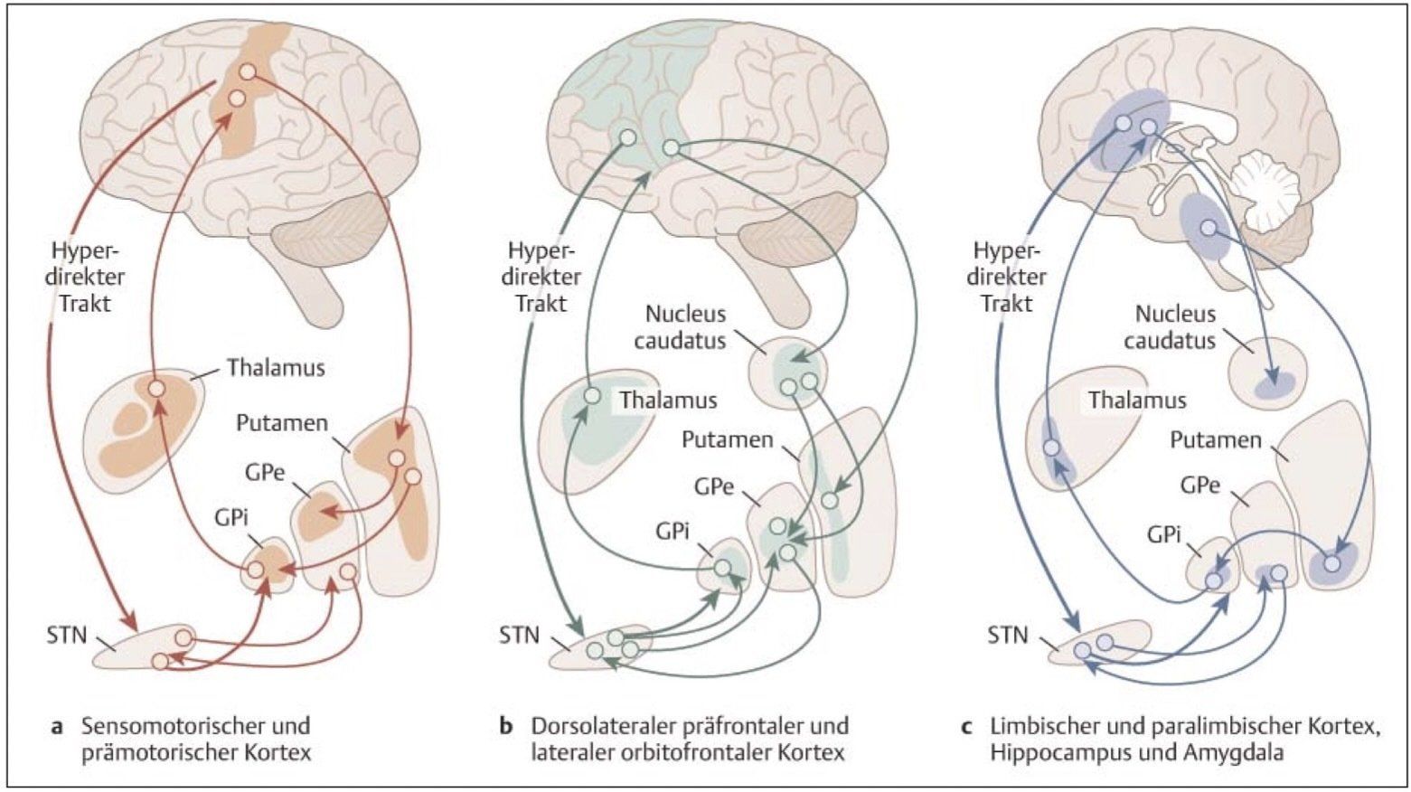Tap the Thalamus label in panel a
point(276,368)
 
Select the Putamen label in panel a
point(282,422)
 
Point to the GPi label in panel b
point(669,532)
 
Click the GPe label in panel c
point(1199,486)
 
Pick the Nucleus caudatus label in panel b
point(685,327)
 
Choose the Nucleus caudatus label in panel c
point(1175,327)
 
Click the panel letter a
point(58,726)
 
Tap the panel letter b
point(506,726)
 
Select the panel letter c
point(966,726)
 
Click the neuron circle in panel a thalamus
point(157,389)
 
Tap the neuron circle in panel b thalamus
point(592,396)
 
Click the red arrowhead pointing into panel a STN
point(130,624)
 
